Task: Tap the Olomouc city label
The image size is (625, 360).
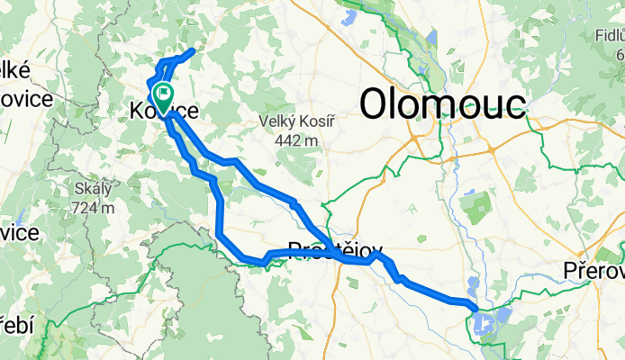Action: (442, 103)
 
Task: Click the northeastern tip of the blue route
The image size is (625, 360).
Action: (192, 52)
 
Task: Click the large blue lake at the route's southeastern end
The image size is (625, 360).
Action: (491, 319)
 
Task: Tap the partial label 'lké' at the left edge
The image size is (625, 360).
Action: (16, 69)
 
